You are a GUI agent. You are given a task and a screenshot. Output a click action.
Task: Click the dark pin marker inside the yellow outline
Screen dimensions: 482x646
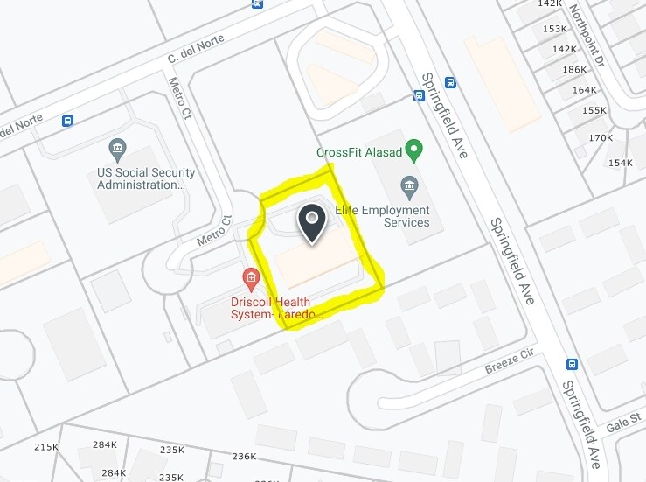tap(313, 223)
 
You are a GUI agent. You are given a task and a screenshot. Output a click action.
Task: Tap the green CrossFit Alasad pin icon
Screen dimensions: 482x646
tap(415, 150)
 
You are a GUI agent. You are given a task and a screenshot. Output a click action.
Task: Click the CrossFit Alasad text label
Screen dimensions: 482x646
tap(359, 152)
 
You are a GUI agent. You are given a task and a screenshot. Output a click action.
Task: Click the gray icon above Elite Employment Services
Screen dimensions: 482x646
tap(407, 186)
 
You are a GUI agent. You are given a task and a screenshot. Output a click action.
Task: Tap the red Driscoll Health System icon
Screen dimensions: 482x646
tap(252, 279)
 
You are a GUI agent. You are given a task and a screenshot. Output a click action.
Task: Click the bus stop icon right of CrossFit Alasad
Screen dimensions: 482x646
tap(449, 83)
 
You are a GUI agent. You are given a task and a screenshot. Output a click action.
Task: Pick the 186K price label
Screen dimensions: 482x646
tap(575, 69)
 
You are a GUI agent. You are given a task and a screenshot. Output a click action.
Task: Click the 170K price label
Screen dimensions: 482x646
tap(601, 138)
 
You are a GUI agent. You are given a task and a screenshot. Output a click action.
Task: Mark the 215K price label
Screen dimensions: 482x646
tap(45, 447)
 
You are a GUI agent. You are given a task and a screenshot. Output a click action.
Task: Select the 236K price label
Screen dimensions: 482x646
tap(244, 456)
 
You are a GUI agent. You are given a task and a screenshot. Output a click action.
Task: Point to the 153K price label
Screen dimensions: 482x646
tap(555, 29)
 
